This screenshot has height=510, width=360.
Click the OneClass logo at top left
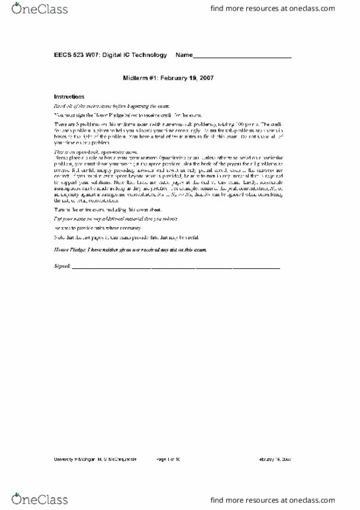click(30, 10)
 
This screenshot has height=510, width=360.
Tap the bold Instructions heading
click(69, 96)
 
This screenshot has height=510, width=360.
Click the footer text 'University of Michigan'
click(69, 458)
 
